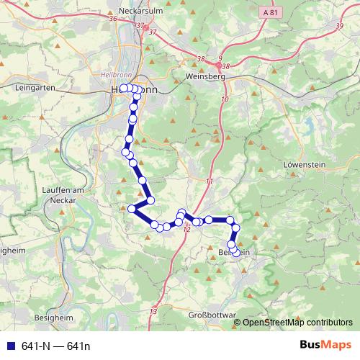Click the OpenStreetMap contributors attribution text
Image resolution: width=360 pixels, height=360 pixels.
(297, 323)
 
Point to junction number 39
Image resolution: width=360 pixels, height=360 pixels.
(339, 26)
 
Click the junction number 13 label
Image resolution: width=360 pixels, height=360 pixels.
(153, 311)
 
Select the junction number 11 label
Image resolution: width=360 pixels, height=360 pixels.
(210, 180)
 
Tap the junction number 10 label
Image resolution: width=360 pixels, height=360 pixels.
(225, 99)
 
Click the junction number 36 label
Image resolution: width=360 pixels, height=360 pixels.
(112, 19)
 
